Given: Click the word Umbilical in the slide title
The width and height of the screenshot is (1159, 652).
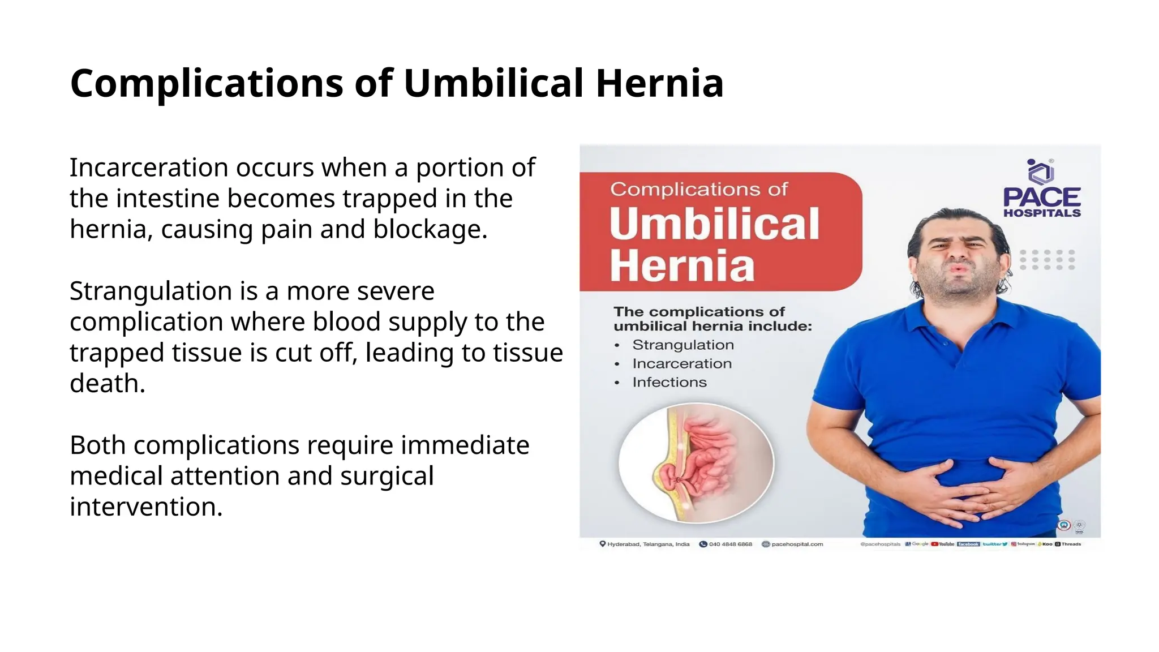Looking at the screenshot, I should [x=493, y=83].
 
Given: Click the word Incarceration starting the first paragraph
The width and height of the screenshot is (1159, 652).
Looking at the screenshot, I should [x=149, y=168].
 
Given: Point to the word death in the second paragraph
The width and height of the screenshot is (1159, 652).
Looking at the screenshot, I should [x=107, y=383].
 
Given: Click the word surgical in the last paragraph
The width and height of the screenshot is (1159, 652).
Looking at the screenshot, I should [x=387, y=476].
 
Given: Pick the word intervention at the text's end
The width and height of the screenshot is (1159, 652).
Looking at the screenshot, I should [x=145, y=507].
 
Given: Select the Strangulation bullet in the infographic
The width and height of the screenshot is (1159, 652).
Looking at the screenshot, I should [x=682, y=345].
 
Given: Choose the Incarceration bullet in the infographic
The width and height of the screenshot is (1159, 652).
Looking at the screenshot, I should [x=681, y=363].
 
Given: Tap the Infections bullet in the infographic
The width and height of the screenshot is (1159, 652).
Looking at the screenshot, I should [x=669, y=382].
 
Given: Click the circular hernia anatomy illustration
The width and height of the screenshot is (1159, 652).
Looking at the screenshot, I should [x=696, y=462].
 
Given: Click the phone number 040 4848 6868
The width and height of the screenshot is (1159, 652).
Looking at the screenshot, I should [x=730, y=544].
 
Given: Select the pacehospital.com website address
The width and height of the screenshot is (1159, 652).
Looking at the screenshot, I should [x=797, y=544].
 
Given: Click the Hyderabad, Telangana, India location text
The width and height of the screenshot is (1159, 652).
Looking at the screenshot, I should [x=648, y=544].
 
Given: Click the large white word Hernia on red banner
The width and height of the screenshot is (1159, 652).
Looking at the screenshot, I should [x=682, y=265].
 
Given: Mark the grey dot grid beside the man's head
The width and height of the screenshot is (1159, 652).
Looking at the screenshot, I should [x=1047, y=259].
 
